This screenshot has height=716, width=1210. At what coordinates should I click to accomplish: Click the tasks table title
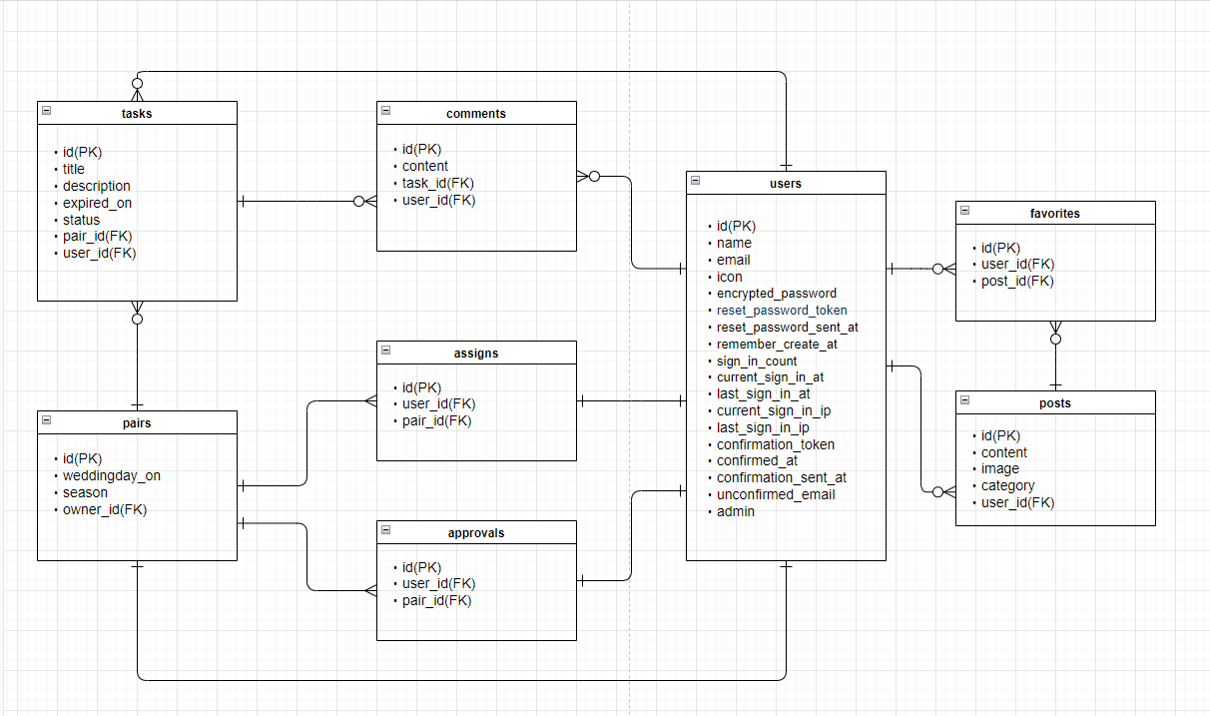click(137, 114)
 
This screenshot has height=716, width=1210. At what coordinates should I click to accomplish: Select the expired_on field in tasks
click(97, 203)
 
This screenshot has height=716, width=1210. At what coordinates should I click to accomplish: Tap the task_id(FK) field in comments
click(438, 183)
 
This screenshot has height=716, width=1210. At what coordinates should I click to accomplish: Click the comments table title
click(476, 114)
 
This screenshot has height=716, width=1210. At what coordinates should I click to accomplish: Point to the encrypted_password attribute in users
click(776, 294)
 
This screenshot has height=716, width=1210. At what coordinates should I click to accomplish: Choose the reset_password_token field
click(782, 311)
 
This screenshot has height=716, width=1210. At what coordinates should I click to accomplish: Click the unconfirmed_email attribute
click(776, 494)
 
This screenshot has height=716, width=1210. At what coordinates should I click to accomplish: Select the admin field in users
click(735, 511)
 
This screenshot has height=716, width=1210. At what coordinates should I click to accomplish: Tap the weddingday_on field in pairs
click(111, 475)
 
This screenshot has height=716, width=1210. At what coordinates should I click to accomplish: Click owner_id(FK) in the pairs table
click(105, 509)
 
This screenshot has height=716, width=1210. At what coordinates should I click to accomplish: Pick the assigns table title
click(476, 354)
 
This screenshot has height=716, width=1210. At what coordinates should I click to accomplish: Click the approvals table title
click(476, 533)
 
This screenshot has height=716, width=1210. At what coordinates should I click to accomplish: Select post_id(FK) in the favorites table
click(1017, 281)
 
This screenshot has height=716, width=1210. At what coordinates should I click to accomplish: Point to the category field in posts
click(1007, 485)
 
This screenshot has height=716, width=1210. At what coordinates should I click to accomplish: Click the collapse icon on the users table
click(695, 182)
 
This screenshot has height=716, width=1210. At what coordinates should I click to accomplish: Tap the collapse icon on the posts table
click(964, 401)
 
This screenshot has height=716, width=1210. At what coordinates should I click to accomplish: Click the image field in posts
click(999, 468)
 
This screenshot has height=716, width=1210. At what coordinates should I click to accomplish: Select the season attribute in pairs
click(85, 492)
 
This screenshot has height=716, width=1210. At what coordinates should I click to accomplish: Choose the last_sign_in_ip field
click(763, 427)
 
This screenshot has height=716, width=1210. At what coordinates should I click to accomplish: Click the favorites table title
click(1055, 214)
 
